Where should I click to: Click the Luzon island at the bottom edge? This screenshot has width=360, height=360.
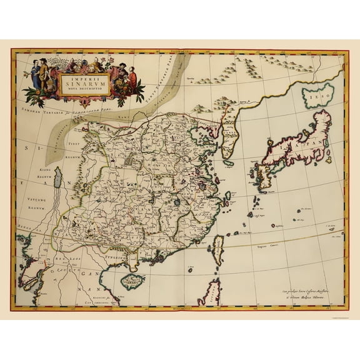pyautogui.click(x=212, y=293)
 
